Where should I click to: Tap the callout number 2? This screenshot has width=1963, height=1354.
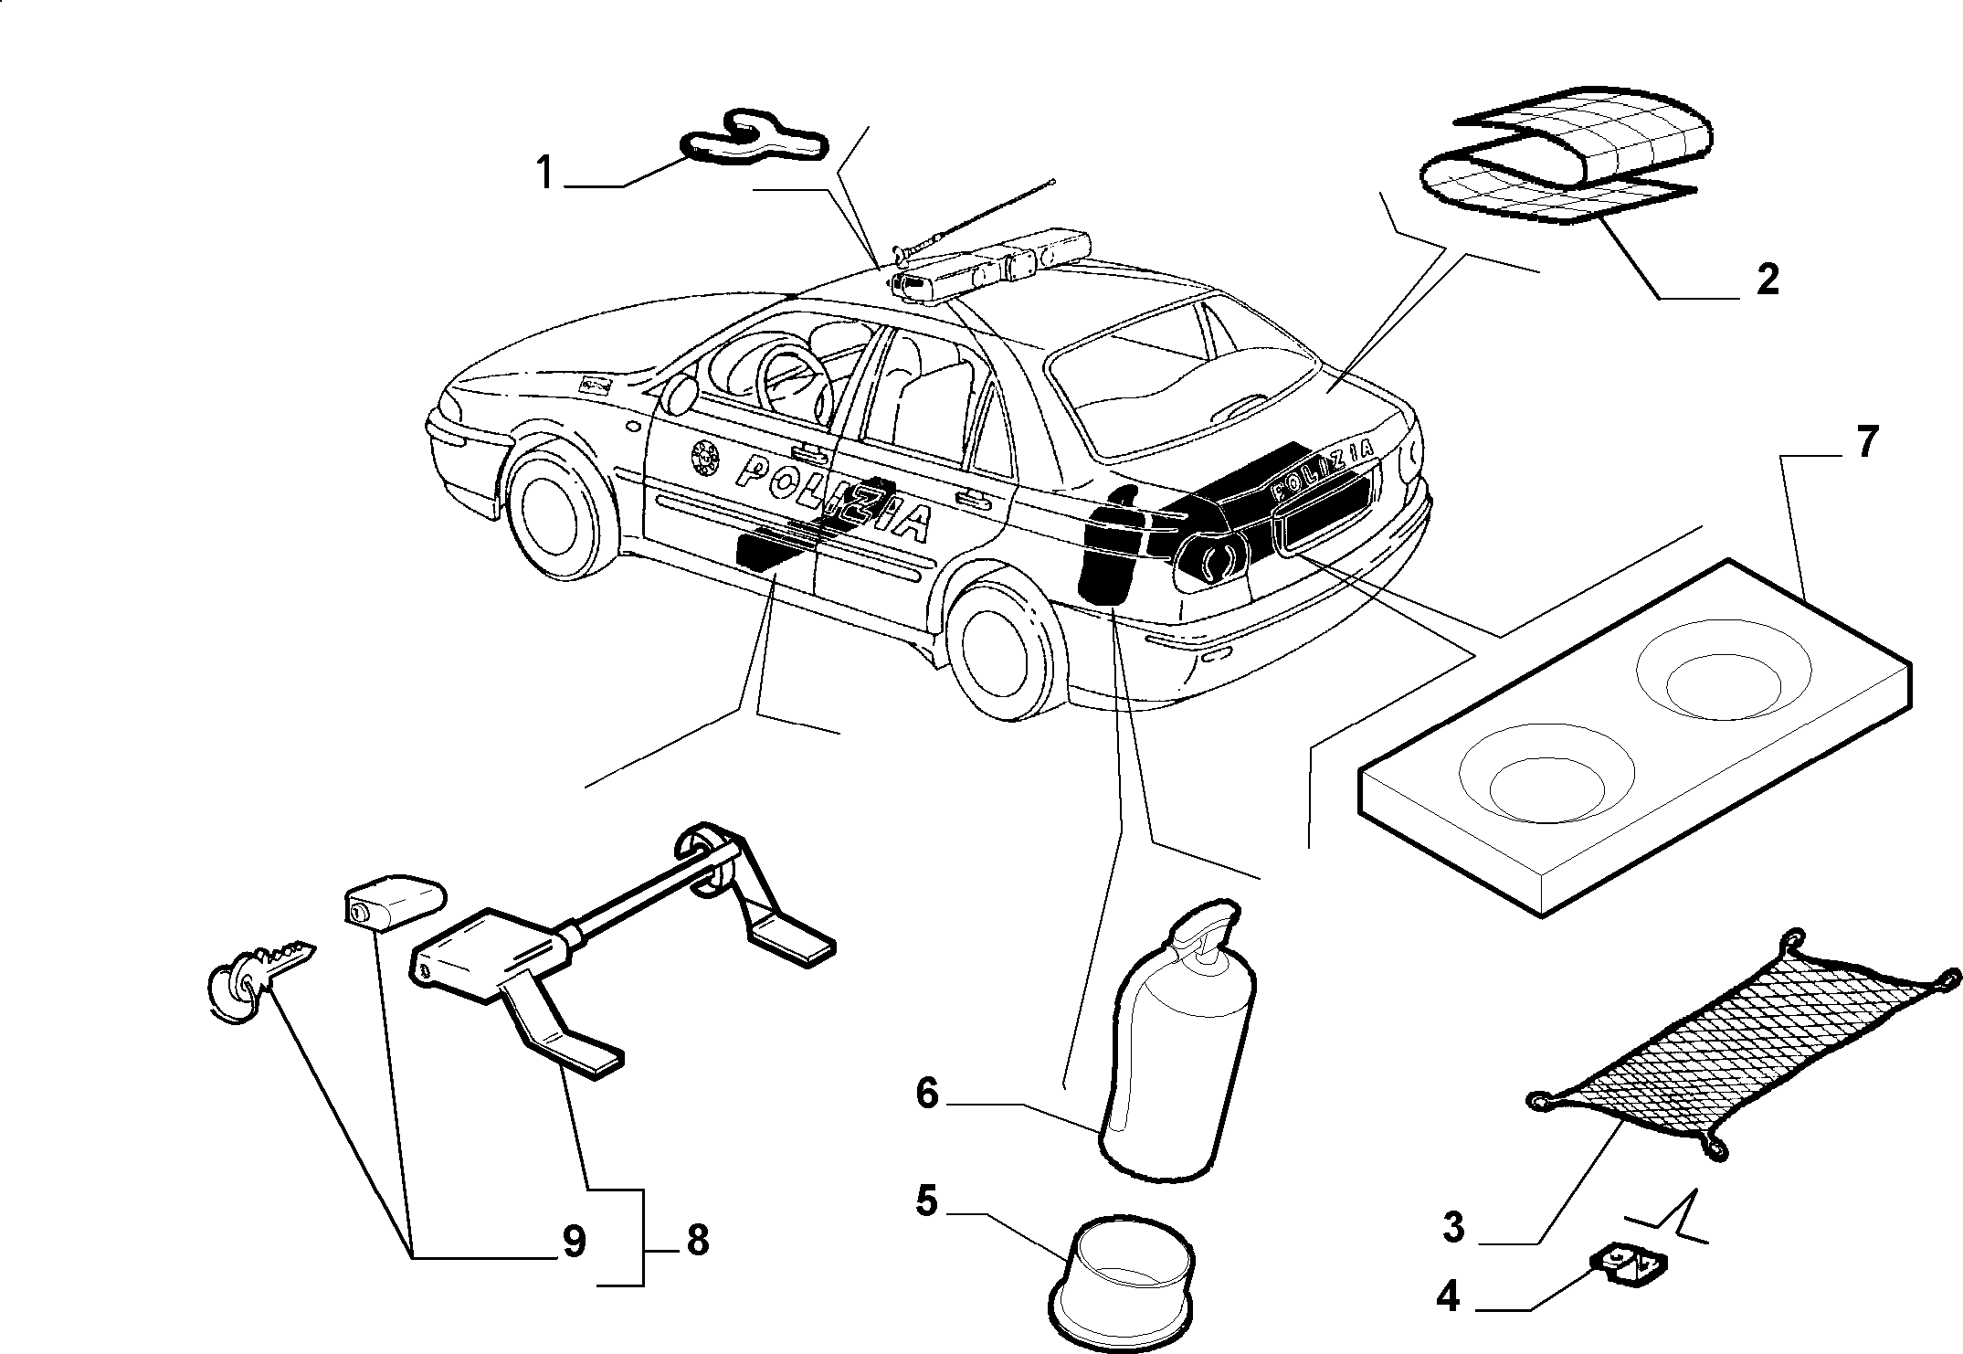click(x=1768, y=279)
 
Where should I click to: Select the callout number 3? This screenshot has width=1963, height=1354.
click(x=1453, y=1226)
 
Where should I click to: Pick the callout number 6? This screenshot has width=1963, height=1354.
click(x=926, y=1093)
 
